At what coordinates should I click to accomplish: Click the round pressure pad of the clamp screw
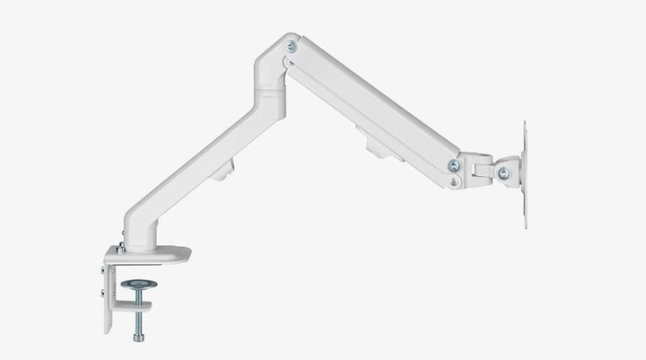coord(139,285)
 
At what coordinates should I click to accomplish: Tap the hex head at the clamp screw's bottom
coord(138,338)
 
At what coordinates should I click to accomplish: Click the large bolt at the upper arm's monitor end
coord(454,164)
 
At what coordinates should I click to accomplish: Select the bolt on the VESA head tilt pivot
coord(502,172)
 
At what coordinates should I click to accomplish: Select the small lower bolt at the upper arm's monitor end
coord(455,181)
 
